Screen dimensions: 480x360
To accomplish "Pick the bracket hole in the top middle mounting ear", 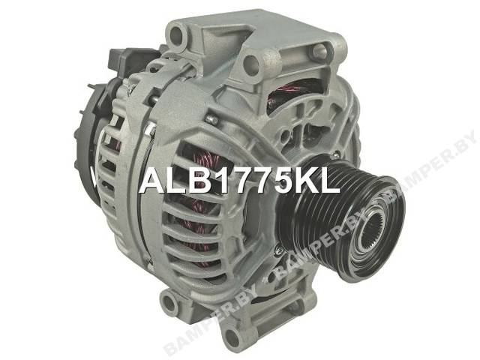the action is tap(252, 64).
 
